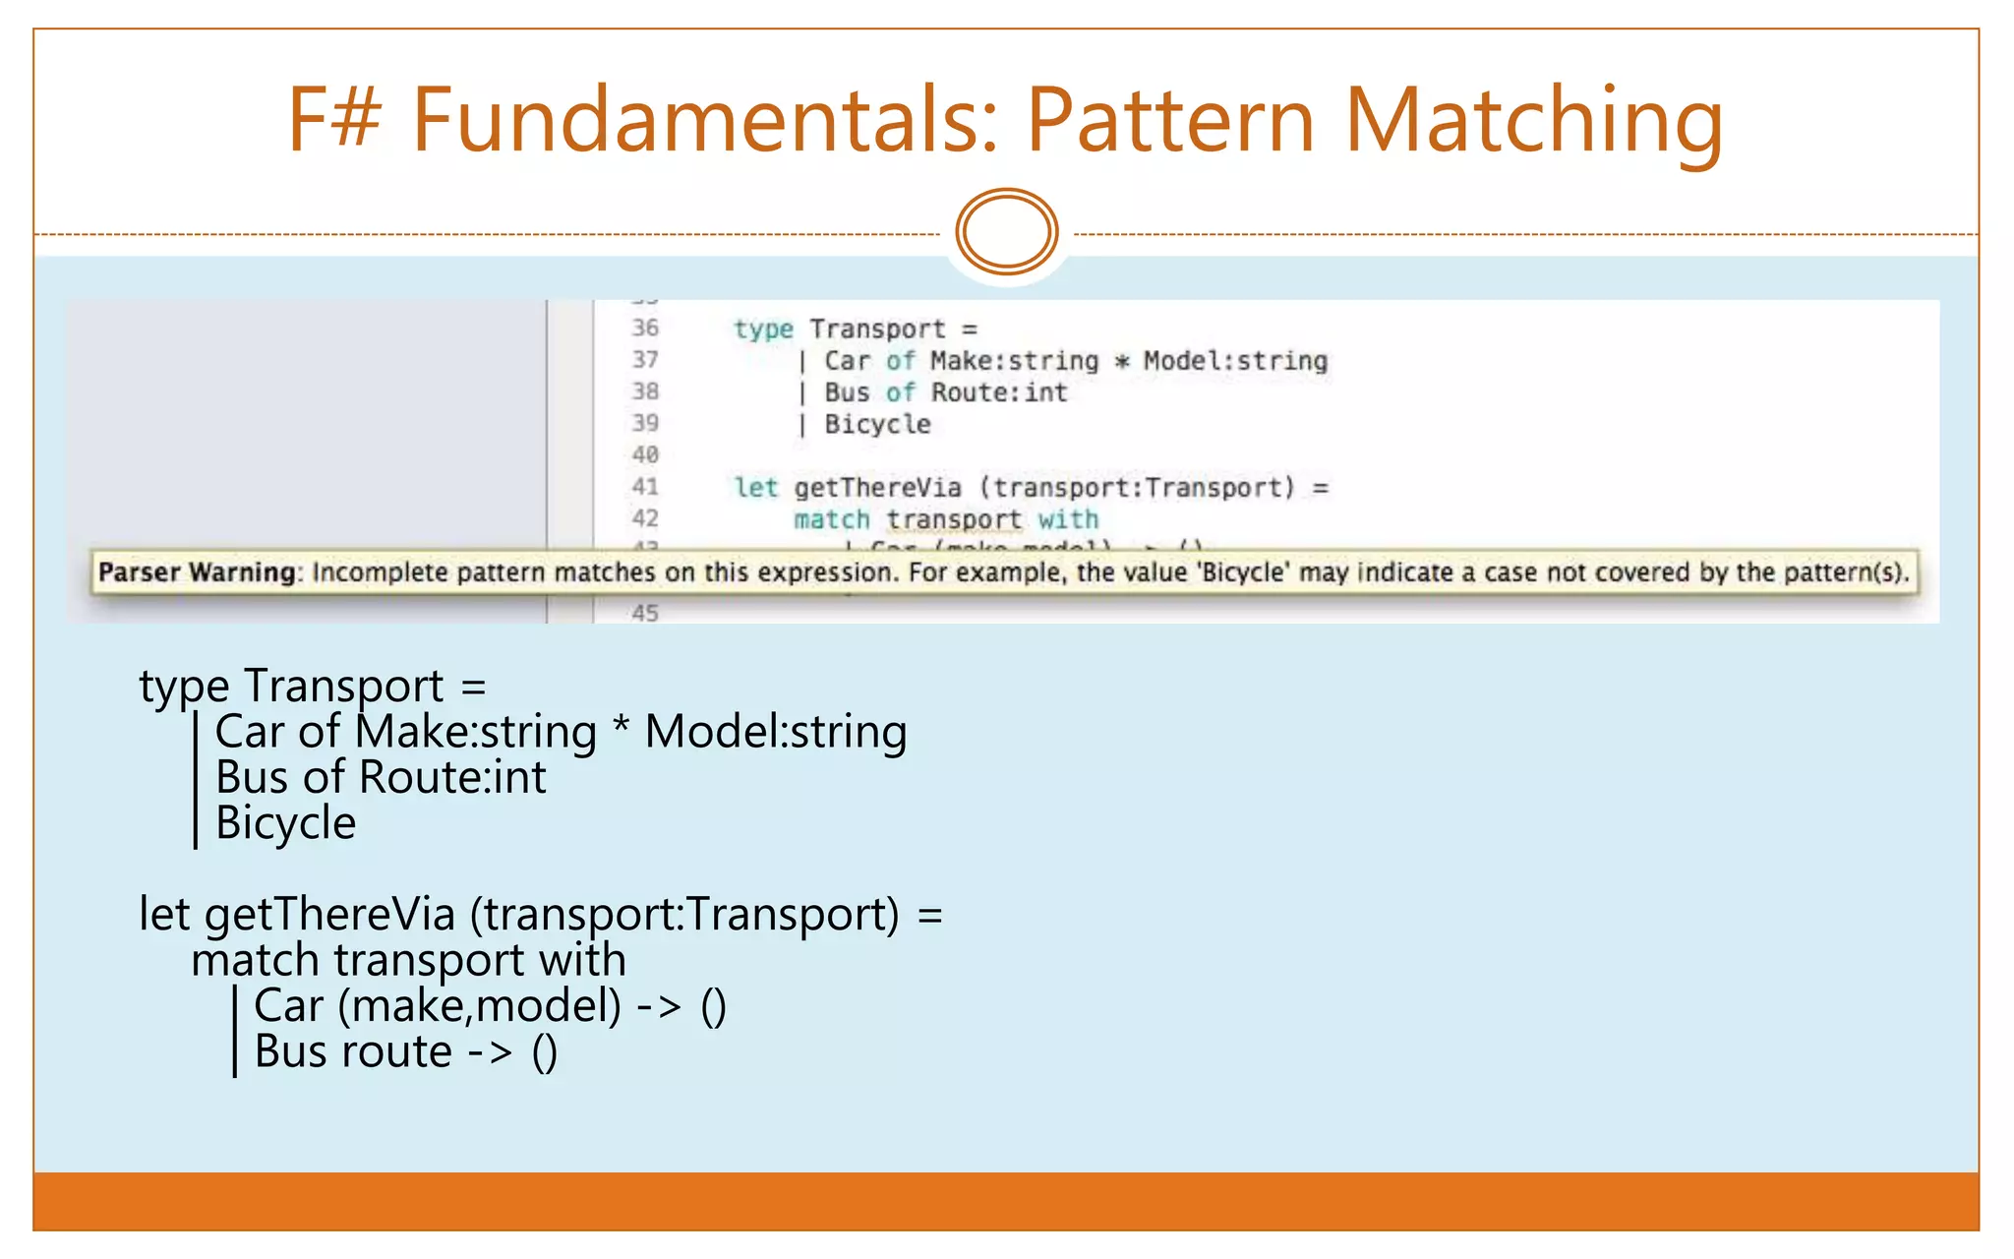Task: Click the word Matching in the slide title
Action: [x=1533, y=122]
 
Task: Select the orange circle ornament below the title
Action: [x=1007, y=232]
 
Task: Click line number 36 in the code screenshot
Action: [x=645, y=328]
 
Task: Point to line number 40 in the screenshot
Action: [x=645, y=454]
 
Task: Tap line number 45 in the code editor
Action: [x=645, y=613]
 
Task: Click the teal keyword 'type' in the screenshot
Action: [x=763, y=329]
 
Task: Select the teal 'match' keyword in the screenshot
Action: [x=832, y=519]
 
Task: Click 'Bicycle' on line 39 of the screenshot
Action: [x=877, y=424]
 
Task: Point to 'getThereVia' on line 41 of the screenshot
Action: [x=877, y=487]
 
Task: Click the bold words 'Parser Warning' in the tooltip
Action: [x=197, y=572]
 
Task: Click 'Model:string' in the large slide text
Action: [x=775, y=732]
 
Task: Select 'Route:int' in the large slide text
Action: [x=451, y=777]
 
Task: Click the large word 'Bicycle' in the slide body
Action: [x=285, y=822]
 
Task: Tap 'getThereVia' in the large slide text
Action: [x=329, y=915]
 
